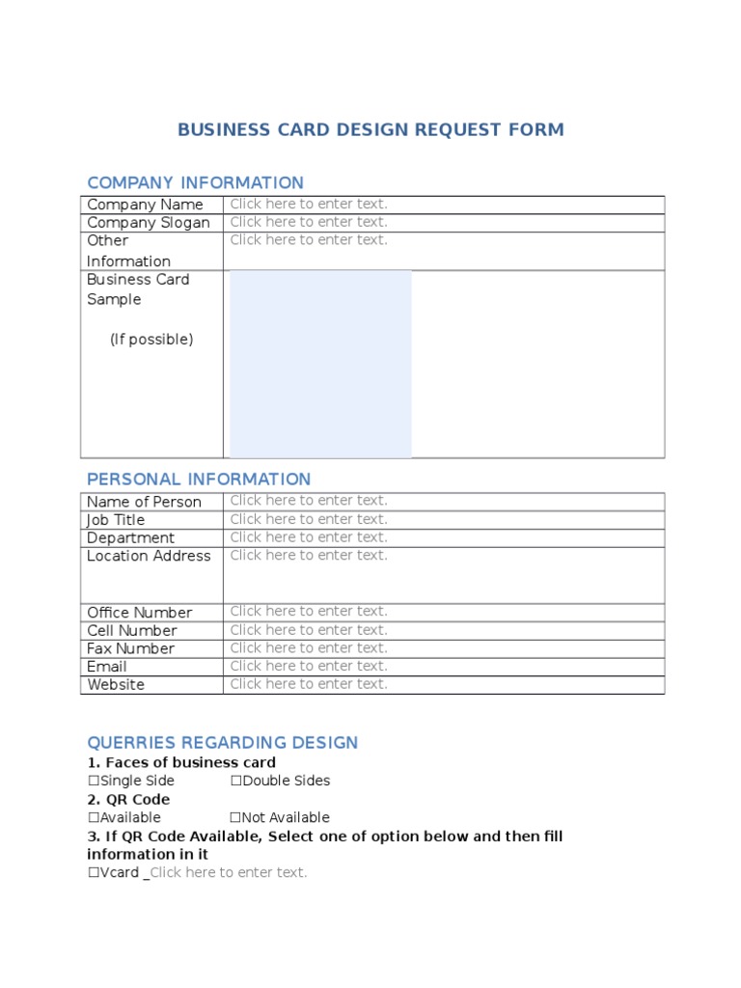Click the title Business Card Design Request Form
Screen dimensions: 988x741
pyautogui.click(x=370, y=130)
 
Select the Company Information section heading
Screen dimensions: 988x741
pyautogui.click(x=195, y=182)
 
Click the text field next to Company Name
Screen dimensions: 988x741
pyautogui.click(x=309, y=204)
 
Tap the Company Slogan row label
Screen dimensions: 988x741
pyautogui.click(x=148, y=223)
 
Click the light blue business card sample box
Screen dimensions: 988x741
pyautogui.click(x=320, y=364)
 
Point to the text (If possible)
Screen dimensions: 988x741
pyautogui.click(x=151, y=340)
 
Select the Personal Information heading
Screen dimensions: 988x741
pyautogui.click(x=199, y=480)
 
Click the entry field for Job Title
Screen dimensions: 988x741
pyautogui.click(x=309, y=519)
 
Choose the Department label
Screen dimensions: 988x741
pyautogui.click(x=130, y=538)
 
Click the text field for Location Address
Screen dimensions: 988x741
pyautogui.click(x=309, y=556)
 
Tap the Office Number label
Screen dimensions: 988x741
pyautogui.click(x=139, y=613)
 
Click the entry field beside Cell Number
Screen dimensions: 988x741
pyautogui.click(x=309, y=629)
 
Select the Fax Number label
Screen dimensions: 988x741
pyautogui.click(x=130, y=649)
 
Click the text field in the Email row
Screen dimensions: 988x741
pyautogui.click(x=309, y=666)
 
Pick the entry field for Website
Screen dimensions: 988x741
pyautogui.click(x=309, y=684)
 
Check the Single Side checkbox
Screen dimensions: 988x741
pyautogui.click(x=94, y=782)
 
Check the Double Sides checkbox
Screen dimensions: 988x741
pyautogui.click(x=236, y=782)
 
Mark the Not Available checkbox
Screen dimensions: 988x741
pyautogui.click(x=236, y=818)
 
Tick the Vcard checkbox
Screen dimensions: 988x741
pyautogui.click(x=94, y=873)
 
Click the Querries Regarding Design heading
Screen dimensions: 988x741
pyautogui.click(x=222, y=743)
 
